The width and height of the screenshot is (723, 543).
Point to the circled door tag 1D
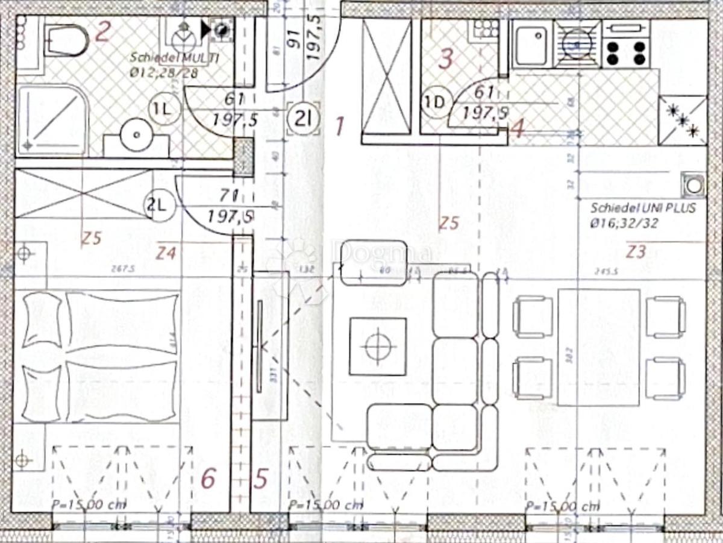pyautogui.click(x=434, y=103)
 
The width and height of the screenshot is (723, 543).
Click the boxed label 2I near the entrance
pyautogui.click(x=302, y=118)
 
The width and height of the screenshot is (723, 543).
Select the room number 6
pyautogui.click(x=208, y=480)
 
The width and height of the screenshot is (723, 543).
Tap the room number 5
pyautogui.click(x=260, y=480)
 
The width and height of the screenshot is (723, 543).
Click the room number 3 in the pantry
pyautogui.click(x=445, y=59)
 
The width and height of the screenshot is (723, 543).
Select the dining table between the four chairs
pyautogui.click(x=598, y=347)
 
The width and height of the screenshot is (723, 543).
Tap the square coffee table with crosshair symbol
pyautogui.click(x=378, y=346)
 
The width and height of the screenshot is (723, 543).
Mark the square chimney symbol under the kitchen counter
pyautogui.click(x=693, y=185)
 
